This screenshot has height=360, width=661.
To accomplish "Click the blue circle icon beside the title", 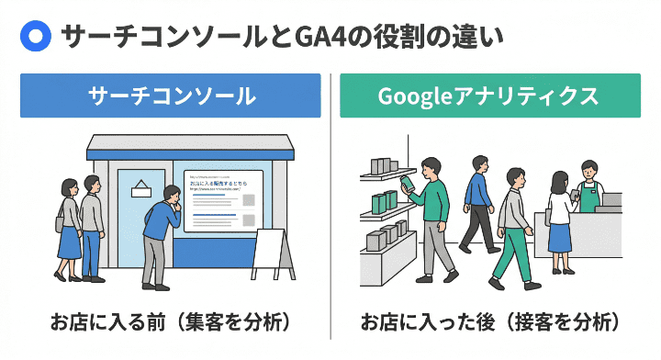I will coord(35,37).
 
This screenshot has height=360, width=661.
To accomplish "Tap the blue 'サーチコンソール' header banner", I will coord(171,96).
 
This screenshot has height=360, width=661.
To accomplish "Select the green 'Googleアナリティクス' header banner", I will coord(489,96).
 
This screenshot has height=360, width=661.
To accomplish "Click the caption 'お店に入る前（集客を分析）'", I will coord(171,322).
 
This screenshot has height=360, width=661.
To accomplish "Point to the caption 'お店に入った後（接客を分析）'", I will coord(489,322).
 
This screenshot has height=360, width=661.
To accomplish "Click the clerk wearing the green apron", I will coord(588,189).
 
